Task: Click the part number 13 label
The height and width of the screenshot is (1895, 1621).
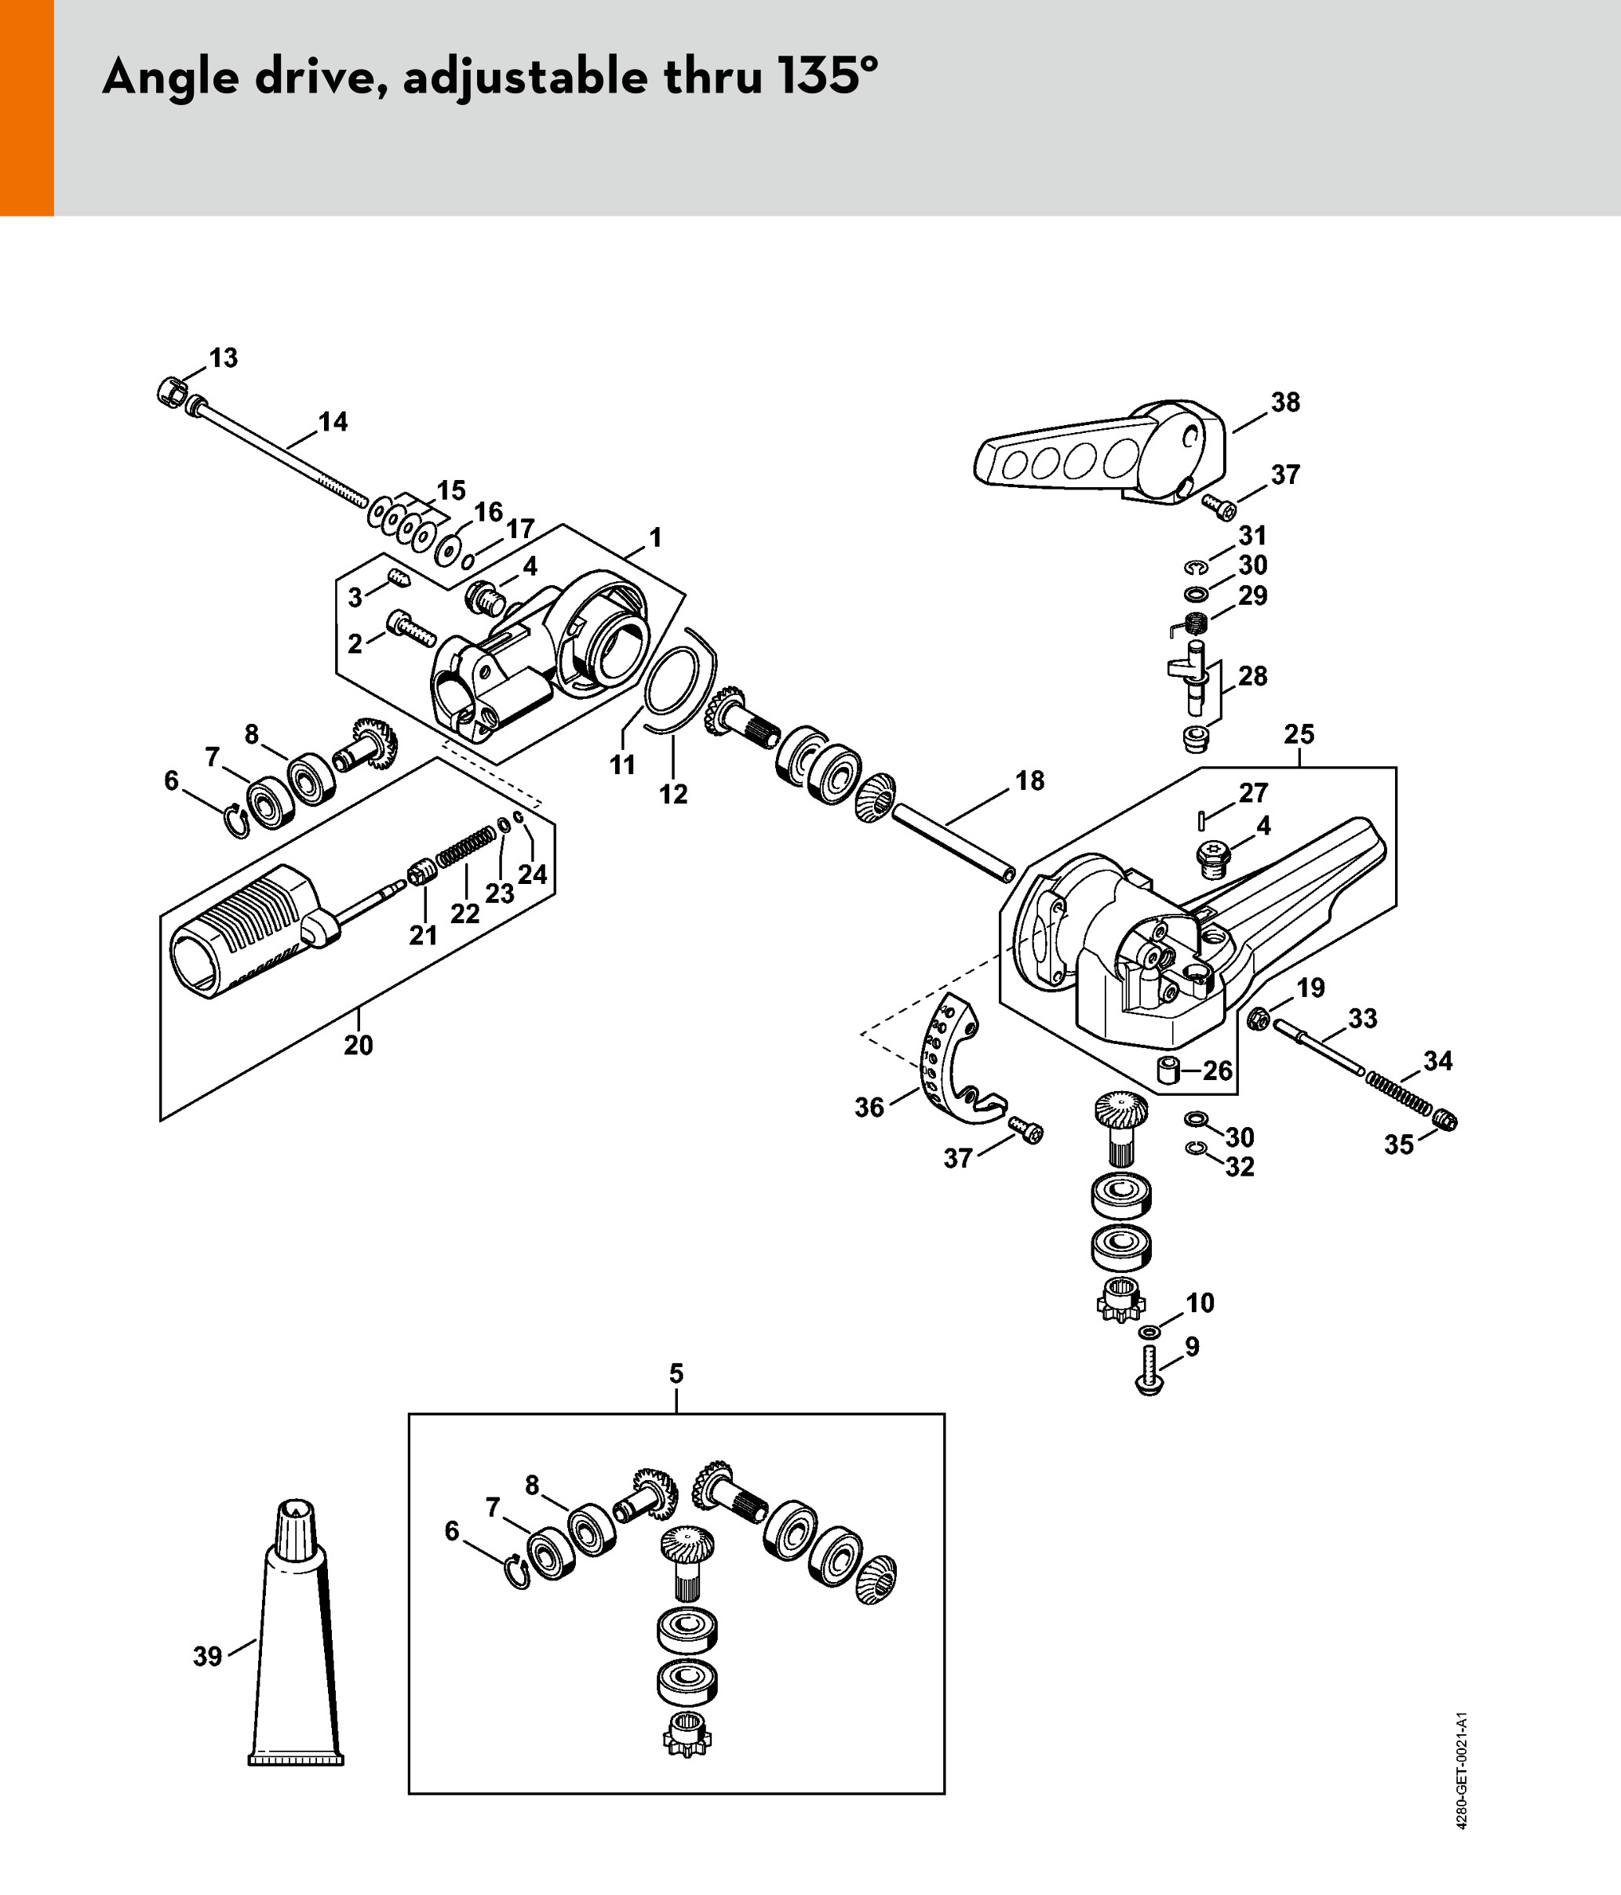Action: point(223,358)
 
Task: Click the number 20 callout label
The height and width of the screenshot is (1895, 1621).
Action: point(359,1046)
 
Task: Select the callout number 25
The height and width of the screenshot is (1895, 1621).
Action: point(1299,734)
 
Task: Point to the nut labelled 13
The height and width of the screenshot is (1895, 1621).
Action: point(170,392)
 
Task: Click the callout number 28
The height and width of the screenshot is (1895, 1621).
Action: point(1252,676)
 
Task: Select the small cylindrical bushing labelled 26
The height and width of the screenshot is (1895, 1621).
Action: point(1168,1069)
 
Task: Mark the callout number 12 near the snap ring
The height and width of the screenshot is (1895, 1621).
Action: point(673,795)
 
